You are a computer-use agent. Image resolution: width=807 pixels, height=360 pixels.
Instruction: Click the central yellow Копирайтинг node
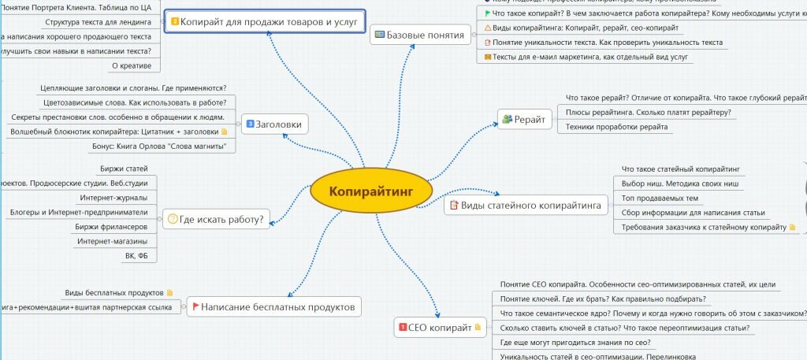click(x=370, y=191)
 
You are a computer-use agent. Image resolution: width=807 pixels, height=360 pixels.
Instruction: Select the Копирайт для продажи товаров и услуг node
click(x=269, y=21)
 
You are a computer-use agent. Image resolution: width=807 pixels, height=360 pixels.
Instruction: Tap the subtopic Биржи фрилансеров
click(x=116, y=226)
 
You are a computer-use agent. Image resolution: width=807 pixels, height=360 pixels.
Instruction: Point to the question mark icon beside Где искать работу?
click(x=173, y=219)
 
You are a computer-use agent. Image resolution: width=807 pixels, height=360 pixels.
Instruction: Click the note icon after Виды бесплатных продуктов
click(x=169, y=292)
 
